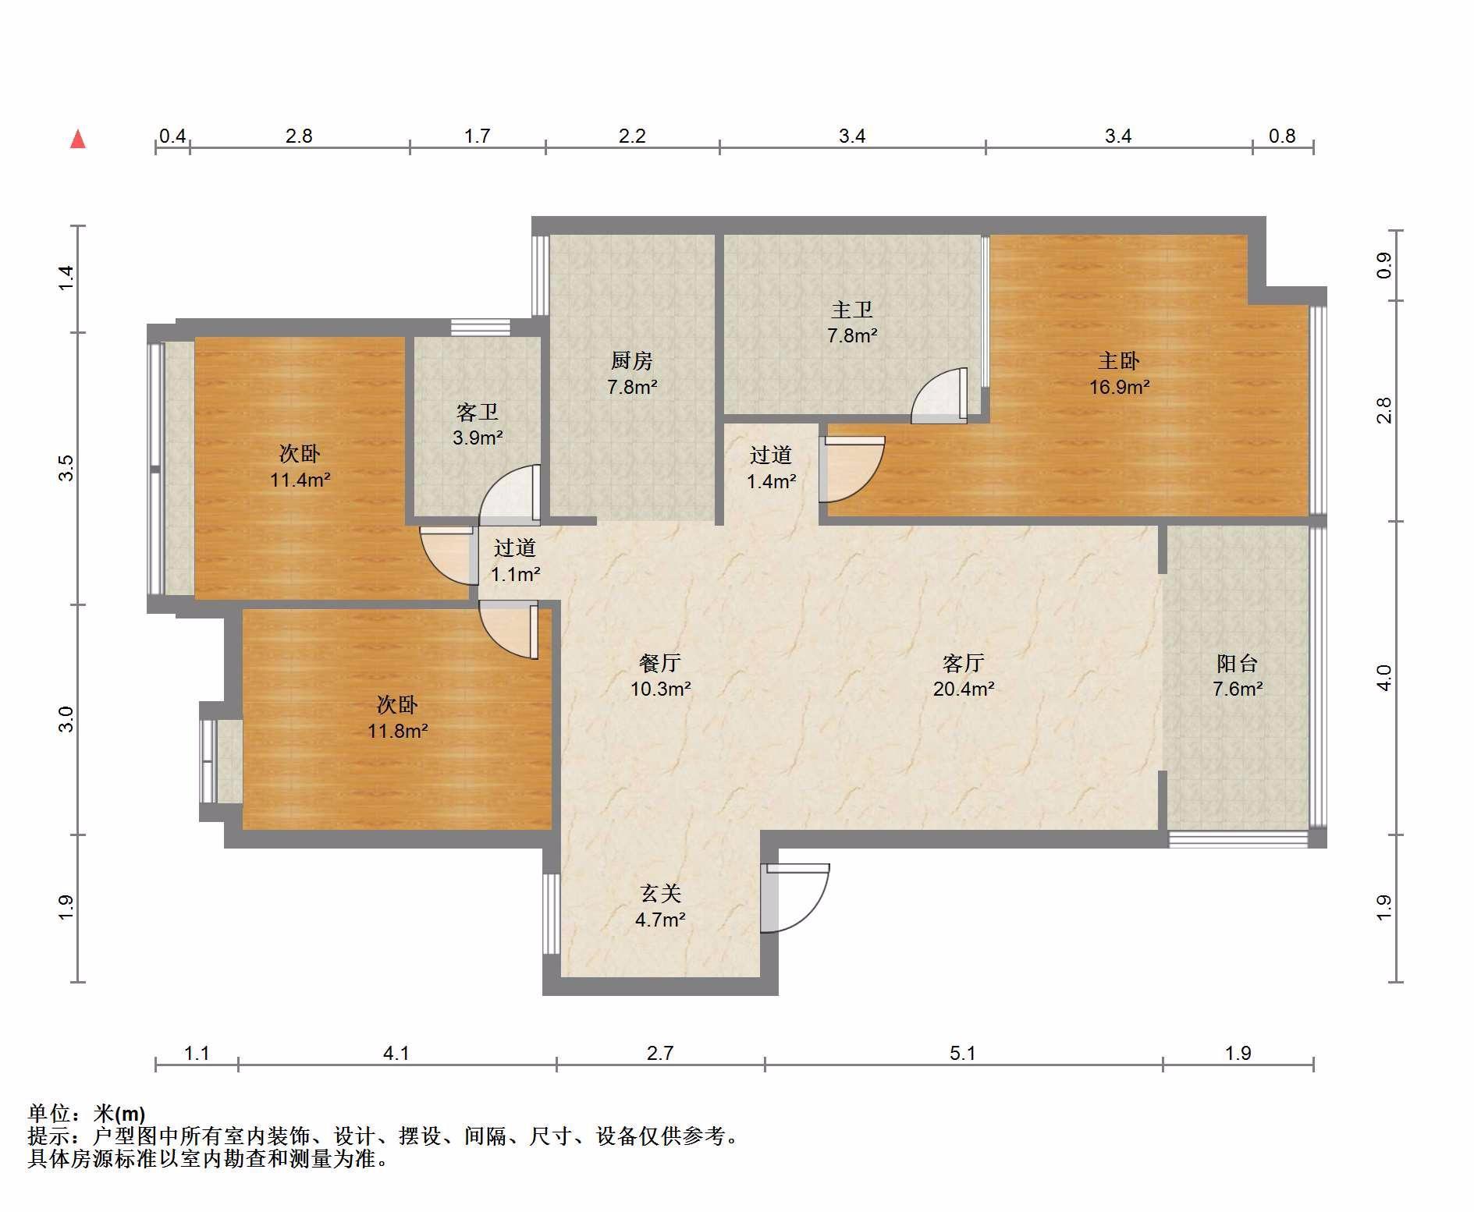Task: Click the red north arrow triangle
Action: pos(78,140)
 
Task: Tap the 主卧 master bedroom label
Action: pos(1119,361)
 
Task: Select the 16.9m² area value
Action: pos(1119,387)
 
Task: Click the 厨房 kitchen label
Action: pos(631,361)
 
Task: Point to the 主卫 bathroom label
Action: pos(851,310)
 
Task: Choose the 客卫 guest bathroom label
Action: pos(477,412)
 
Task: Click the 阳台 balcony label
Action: pos(1237,664)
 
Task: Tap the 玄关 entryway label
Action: pos(660,894)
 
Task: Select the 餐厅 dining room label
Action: pos(660,664)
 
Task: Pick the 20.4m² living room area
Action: pos(964,689)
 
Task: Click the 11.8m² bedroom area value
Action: pos(398,732)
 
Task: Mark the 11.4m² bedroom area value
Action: pos(300,480)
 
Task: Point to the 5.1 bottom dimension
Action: pos(963,1054)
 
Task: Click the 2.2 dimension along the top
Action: pos(632,136)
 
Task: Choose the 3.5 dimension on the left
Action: pos(66,468)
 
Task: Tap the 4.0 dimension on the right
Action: pos(1383,678)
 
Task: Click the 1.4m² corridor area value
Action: pos(771,482)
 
